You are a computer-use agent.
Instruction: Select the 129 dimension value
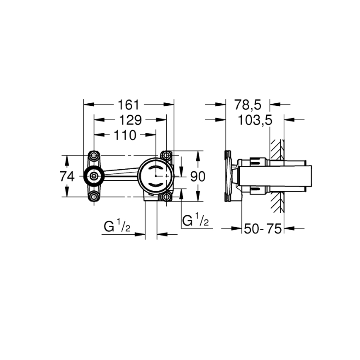(x=130, y=120)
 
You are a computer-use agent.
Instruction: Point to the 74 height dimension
(x=66, y=176)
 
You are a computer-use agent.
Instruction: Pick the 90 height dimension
(x=197, y=177)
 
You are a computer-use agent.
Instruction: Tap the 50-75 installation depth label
(x=263, y=228)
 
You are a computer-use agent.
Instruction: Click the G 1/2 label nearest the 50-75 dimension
(x=195, y=221)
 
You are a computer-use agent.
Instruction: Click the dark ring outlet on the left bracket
(x=94, y=176)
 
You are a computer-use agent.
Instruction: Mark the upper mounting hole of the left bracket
(x=94, y=156)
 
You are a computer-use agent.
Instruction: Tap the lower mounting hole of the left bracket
(x=94, y=197)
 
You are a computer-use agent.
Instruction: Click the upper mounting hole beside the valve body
(x=167, y=156)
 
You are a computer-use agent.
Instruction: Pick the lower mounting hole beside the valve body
(x=167, y=197)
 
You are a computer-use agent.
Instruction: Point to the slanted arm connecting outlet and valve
(x=121, y=174)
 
